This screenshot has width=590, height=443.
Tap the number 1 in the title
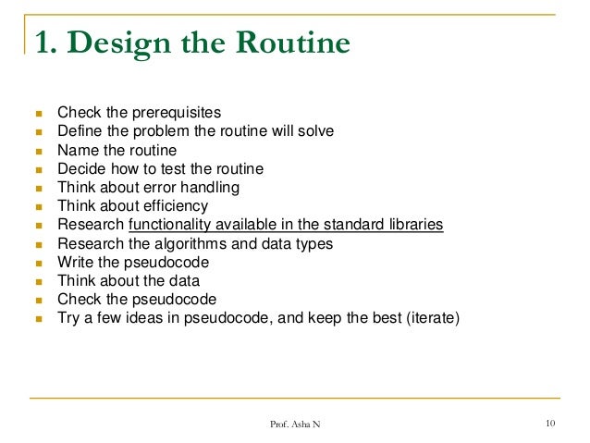pos(40,43)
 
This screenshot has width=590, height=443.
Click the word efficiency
pos(175,206)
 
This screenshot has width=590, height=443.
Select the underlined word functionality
pos(173,225)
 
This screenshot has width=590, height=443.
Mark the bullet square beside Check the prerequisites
pos(39,113)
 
